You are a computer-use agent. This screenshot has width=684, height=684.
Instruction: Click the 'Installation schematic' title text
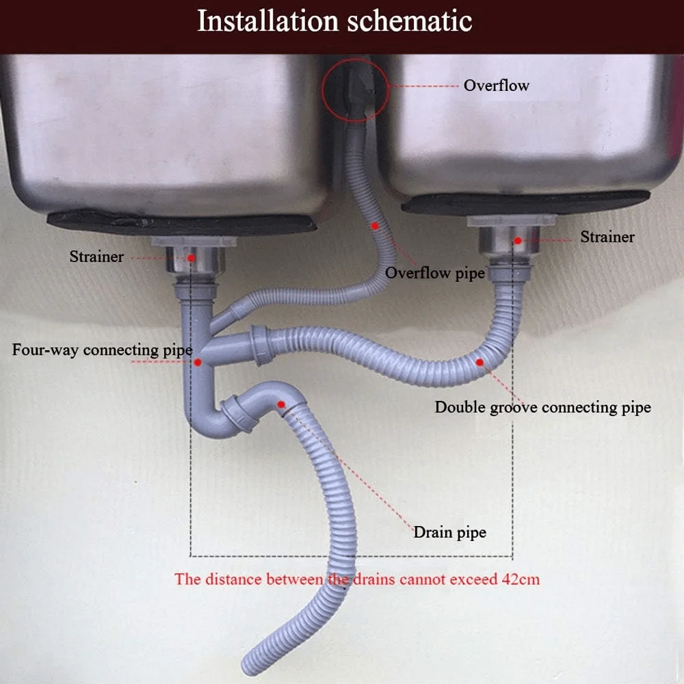(334, 21)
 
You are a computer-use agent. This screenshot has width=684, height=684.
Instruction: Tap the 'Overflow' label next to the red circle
(497, 85)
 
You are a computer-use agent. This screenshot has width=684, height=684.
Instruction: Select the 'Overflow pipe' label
(435, 274)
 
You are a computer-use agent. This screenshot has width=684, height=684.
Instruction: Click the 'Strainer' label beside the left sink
(96, 256)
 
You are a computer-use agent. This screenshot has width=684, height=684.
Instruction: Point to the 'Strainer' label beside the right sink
(607, 237)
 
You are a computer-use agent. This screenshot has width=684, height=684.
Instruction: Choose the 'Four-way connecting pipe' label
(102, 350)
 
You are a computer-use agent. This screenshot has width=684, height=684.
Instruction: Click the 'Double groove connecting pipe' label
(542, 408)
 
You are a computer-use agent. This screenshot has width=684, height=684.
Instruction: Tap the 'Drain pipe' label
(450, 533)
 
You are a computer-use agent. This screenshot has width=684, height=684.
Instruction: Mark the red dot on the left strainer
(191, 259)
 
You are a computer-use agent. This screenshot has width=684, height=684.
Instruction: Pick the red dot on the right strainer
(518, 240)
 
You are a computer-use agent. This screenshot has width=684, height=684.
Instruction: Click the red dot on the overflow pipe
(375, 226)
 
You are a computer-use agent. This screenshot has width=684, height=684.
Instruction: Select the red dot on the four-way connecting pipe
(198, 362)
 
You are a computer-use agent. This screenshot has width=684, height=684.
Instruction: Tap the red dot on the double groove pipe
(479, 362)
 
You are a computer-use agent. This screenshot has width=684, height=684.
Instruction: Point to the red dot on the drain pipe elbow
(281, 405)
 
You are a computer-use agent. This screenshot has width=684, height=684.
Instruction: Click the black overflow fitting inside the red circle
(358, 92)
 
